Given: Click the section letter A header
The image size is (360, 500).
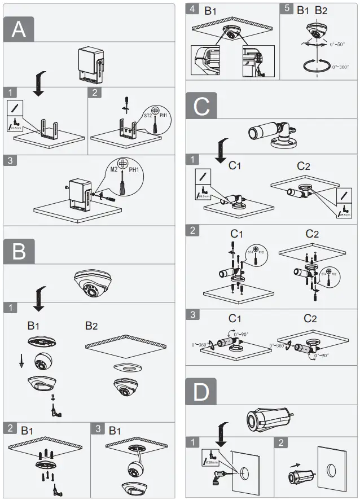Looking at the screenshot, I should coord(19,29).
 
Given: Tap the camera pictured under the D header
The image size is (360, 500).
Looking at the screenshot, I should coord(269,420).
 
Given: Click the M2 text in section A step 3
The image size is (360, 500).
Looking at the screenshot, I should coord(114,169).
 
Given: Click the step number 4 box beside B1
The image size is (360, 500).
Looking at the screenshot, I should coord(193,10).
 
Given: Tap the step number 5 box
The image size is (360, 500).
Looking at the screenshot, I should coord(286,10).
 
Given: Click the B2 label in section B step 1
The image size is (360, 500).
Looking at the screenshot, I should coord(92,326).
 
